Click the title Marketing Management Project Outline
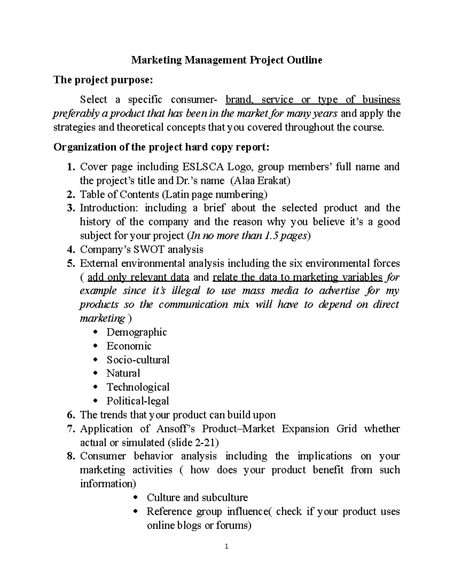[226, 60]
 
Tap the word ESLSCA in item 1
[204, 167]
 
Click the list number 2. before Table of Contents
[70, 195]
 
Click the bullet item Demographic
[136, 332]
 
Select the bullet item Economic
[129, 346]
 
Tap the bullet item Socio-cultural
[138, 359]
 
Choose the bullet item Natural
[123, 373]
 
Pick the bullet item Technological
[138, 387]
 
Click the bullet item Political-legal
[137, 401]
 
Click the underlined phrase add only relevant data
[138, 277]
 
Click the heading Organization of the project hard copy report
[162, 147]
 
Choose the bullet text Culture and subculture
[197, 497]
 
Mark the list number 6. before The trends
[70, 415]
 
